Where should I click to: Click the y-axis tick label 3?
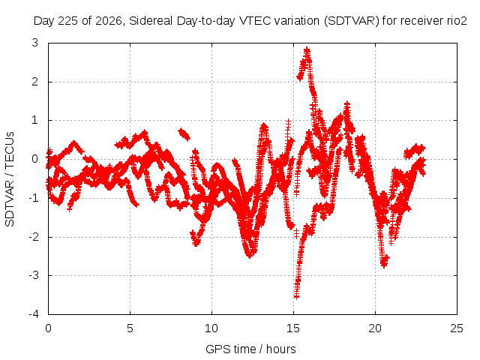point(35,43)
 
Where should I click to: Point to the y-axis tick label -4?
point(34,314)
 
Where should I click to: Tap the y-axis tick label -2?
point(34,237)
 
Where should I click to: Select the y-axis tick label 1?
point(35,120)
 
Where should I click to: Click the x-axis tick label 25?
point(457,328)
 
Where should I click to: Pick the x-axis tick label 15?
point(293,328)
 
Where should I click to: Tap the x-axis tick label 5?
point(130,328)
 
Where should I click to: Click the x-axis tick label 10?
point(211,328)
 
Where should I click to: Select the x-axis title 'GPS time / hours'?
point(250,349)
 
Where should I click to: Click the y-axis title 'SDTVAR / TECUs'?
point(10,179)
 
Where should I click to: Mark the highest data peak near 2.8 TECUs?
point(307,49)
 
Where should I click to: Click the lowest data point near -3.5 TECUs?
point(296,296)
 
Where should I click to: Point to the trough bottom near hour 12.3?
point(250,256)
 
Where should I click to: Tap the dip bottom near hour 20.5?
point(384,265)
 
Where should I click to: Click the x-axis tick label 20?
point(375,328)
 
